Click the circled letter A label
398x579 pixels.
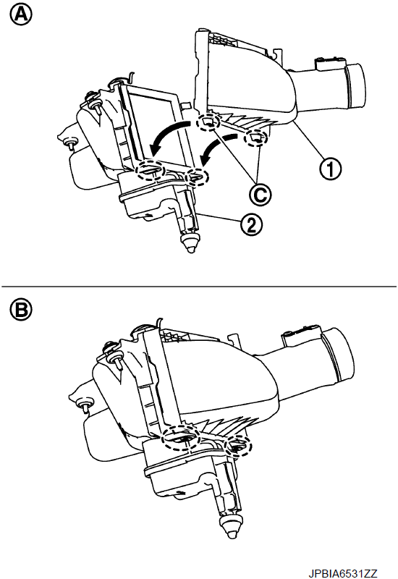pos(21,15)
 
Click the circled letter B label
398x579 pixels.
pos(21,310)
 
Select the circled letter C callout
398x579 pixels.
pos(261,194)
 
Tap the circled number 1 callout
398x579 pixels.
pos(330,169)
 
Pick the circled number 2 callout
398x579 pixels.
pos(250,225)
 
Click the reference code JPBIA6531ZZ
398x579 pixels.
pos(343,573)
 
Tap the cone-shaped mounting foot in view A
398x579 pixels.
pos(190,243)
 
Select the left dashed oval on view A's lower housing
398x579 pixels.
pos(150,171)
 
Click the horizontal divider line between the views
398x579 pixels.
pos(199,286)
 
